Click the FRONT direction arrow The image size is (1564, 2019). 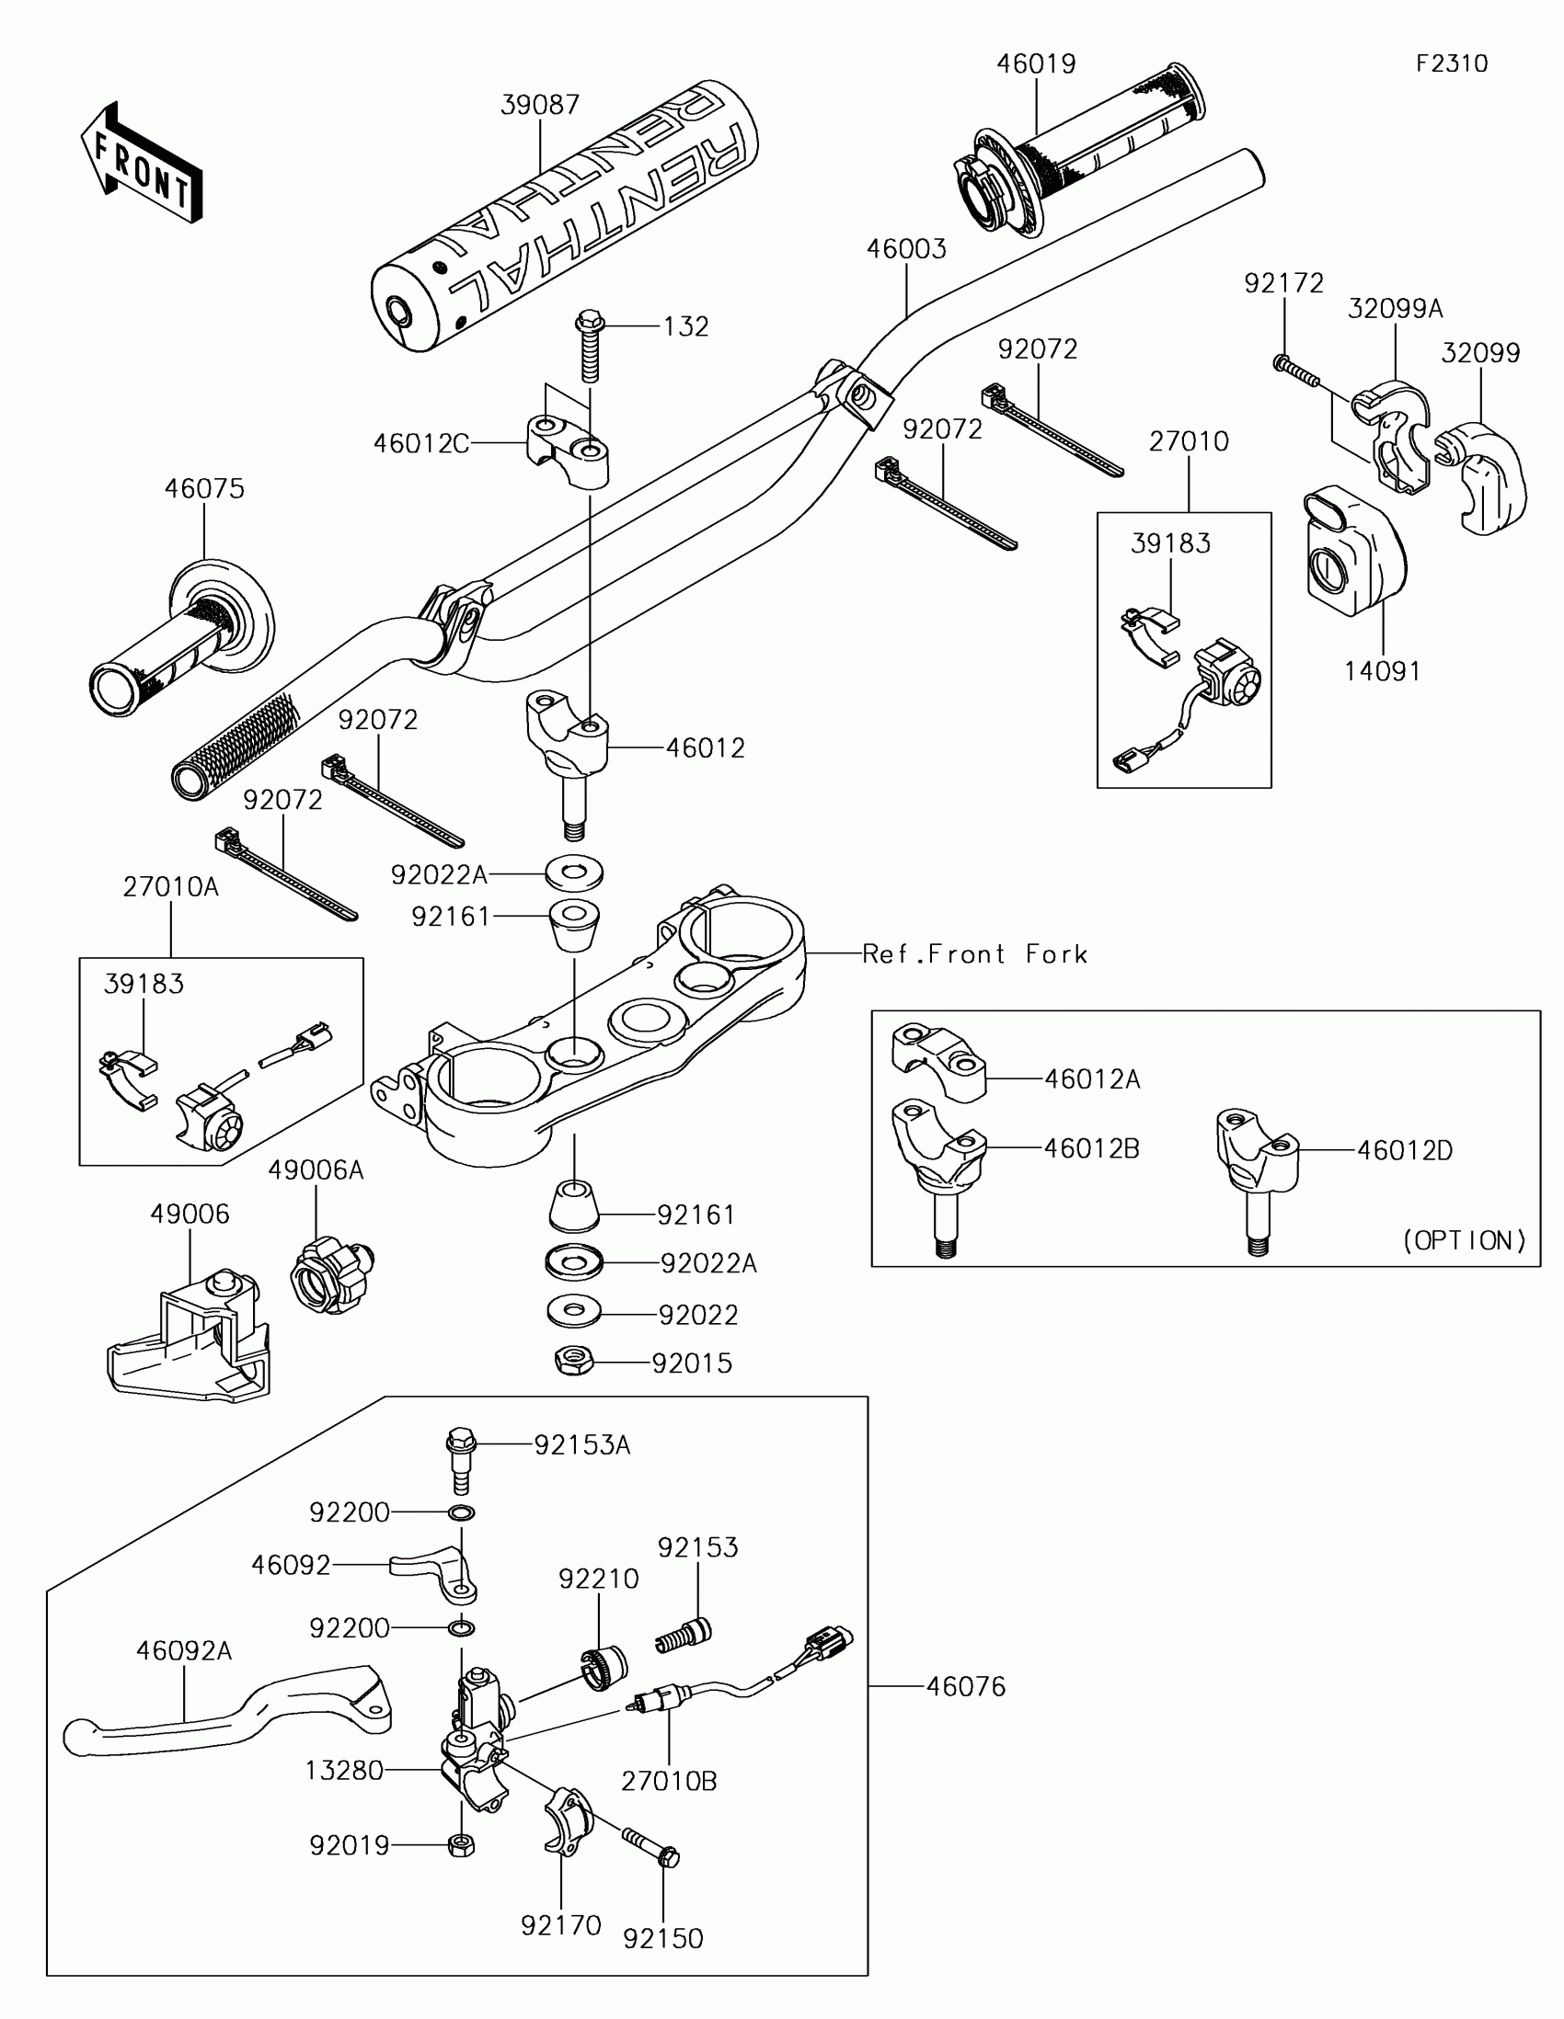tap(142, 164)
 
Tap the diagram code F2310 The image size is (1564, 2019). tap(1451, 63)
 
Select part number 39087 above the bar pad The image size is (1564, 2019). tap(540, 105)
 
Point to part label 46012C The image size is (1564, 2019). tap(420, 444)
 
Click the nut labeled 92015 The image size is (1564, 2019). tap(574, 1361)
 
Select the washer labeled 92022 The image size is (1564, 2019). tap(573, 1310)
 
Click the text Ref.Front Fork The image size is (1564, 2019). tap(974, 954)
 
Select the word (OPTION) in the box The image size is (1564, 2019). tap(1464, 1240)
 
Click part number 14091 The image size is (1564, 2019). tap(1382, 671)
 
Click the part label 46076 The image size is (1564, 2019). tap(966, 1686)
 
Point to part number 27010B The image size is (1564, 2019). tap(669, 1781)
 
